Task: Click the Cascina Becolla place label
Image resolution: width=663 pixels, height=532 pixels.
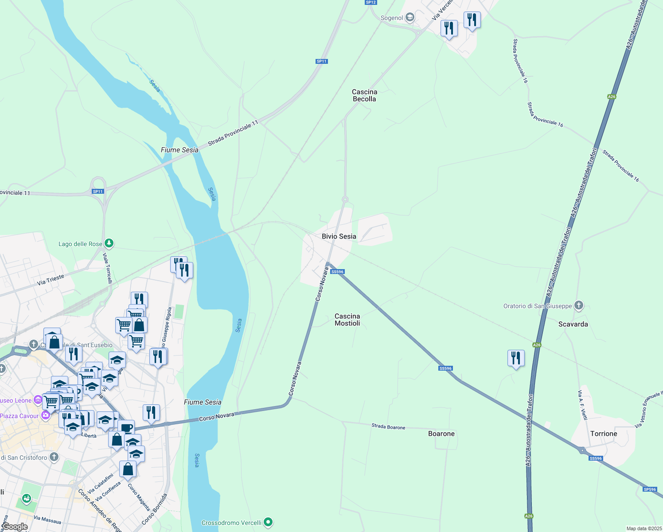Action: point(364,95)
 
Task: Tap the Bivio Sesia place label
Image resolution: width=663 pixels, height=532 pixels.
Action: point(339,236)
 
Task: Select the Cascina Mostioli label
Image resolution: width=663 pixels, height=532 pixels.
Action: point(347,320)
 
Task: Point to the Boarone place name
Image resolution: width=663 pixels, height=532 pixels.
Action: point(441,434)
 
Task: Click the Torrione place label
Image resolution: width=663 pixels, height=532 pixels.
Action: point(604,434)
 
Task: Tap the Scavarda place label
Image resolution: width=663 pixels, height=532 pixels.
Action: point(573,324)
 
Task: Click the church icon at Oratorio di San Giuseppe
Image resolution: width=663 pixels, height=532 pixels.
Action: point(578,305)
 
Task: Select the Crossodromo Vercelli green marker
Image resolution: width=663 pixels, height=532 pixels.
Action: point(268,523)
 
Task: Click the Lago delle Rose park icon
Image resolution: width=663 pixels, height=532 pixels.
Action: point(109,243)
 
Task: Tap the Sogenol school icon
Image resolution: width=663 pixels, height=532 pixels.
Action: point(410,18)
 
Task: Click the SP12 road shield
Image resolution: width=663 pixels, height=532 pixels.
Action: point(370,2)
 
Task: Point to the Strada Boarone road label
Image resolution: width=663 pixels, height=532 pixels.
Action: point(388,427)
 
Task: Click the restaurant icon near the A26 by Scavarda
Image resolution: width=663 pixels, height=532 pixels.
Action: point(516,358)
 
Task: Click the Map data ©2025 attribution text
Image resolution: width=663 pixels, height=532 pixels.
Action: point(643,528)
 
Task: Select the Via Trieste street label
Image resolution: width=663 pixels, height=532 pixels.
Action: point(51,280)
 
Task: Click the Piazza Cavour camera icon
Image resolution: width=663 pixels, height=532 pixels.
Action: point(45,415)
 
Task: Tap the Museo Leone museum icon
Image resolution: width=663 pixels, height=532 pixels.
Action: point(38,400)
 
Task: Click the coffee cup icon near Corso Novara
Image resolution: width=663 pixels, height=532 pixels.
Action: point(126,428)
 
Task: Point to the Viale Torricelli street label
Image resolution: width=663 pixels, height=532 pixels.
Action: point(108,268)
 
